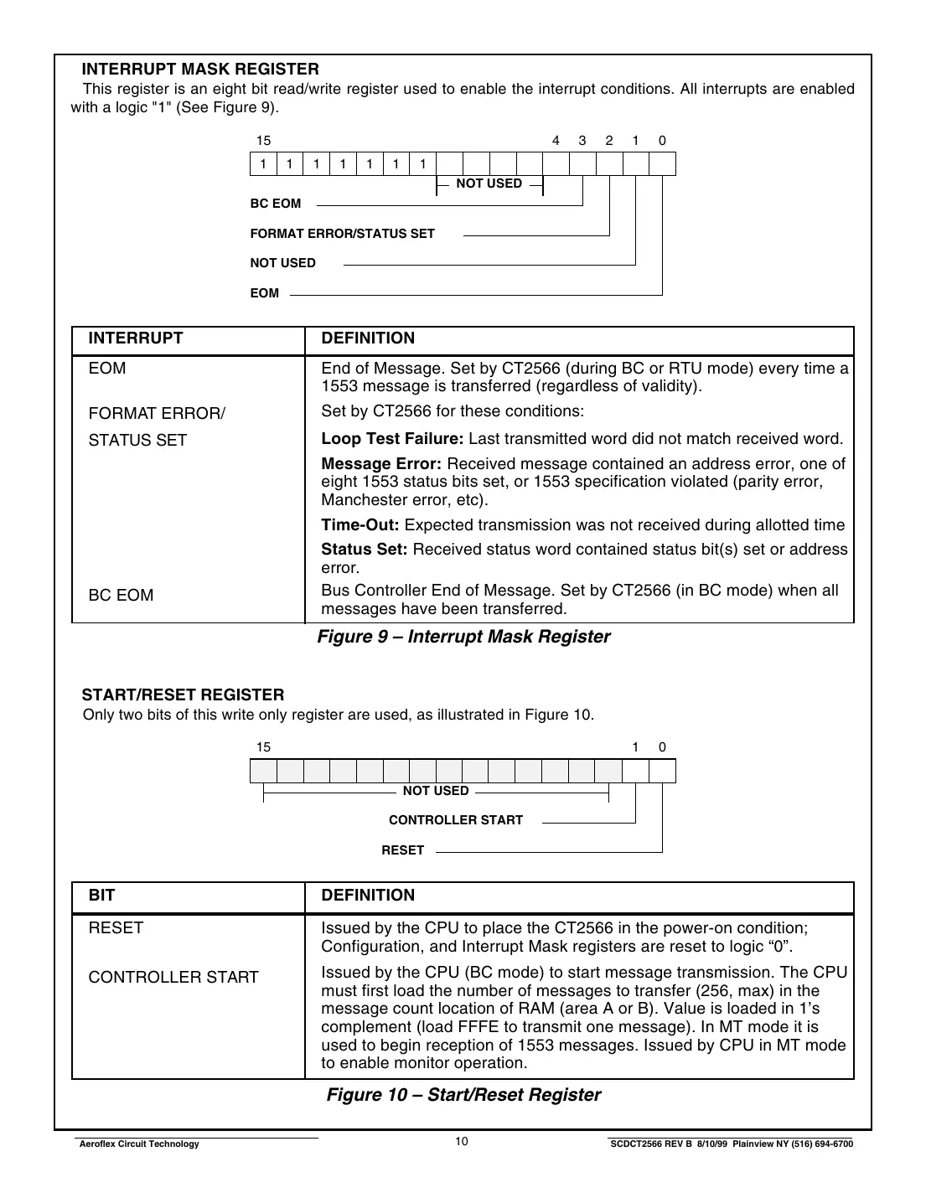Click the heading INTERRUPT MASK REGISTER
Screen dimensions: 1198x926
199,70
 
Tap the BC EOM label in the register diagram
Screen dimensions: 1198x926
275,204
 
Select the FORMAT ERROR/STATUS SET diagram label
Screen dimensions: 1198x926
342,234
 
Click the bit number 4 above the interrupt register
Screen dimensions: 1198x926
556,141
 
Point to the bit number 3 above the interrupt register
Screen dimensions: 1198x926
582,141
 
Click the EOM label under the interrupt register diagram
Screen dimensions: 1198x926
264,293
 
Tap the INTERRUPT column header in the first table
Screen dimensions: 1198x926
135,338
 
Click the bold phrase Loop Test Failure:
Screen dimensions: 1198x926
392,439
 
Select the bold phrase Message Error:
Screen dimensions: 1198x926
381,464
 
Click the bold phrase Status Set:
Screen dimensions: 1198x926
365,550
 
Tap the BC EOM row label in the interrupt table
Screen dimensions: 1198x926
121,596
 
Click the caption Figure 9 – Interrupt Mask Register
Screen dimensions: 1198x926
463,637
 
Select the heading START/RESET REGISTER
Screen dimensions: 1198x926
183,695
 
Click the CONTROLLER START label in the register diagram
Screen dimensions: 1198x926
455,820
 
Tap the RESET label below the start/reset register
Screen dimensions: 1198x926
402,850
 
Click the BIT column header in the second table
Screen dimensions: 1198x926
101,896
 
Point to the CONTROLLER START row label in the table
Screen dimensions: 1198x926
173,978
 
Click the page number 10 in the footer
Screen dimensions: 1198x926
462,1142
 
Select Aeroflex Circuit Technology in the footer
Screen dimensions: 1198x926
138,1144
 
